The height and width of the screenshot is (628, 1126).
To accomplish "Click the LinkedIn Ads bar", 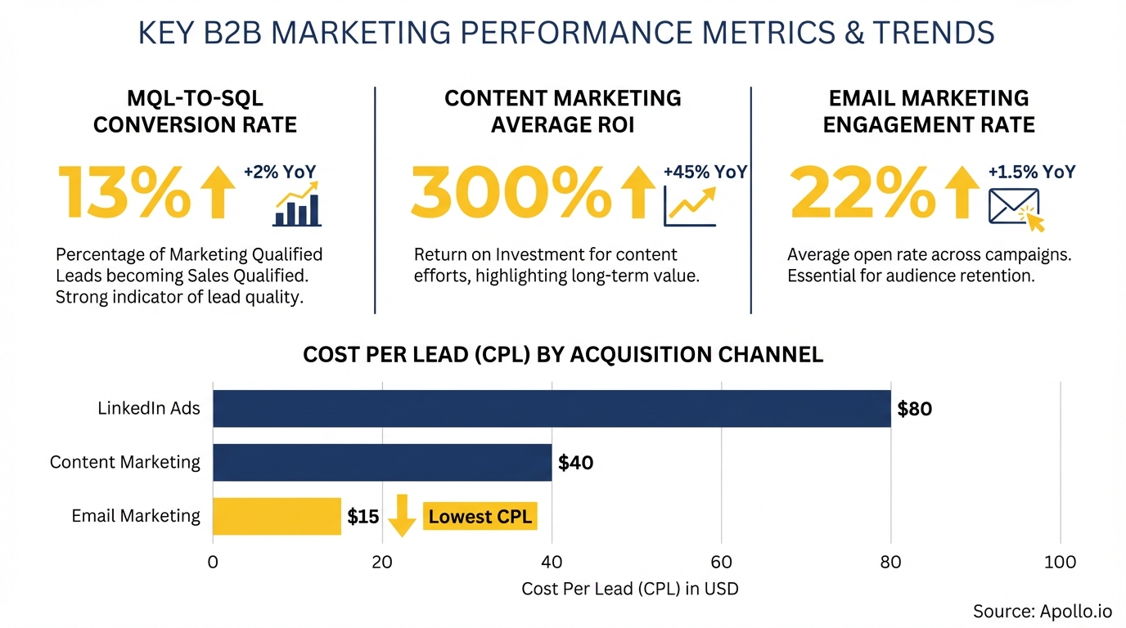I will coord(552,408).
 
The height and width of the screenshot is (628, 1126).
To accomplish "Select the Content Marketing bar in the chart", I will coord(382,462).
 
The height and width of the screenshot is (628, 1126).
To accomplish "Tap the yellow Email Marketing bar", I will coord(277,516).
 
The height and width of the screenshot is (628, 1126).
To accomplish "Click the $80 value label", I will coord(914,409).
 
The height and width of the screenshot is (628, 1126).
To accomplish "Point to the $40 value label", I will coord(575,463).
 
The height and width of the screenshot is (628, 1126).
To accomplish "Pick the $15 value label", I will coord(363,517).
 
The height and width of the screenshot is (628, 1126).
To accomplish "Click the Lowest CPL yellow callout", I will coord(480,517).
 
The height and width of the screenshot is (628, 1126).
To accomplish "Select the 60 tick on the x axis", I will coord(721,563).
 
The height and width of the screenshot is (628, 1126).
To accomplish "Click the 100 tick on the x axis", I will coord(1060,563).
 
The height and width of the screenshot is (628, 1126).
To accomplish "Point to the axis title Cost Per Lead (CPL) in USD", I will coord(629,589).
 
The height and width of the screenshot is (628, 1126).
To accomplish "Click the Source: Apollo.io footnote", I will coord(1042,611).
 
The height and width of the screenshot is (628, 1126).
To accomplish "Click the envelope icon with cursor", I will coord(1016,209).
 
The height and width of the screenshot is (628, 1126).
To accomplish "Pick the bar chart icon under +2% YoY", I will coord(296,206).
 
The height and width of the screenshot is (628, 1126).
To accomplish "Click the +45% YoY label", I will coord(705,173).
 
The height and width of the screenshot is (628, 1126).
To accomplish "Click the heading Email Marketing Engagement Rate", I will coord(929,111).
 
